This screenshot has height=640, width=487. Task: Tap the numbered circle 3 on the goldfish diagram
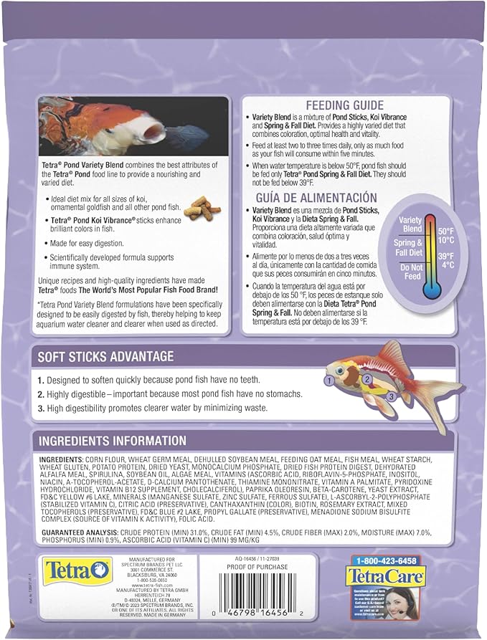coord(391,396)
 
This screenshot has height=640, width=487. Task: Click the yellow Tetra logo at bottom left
coord(68,571)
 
